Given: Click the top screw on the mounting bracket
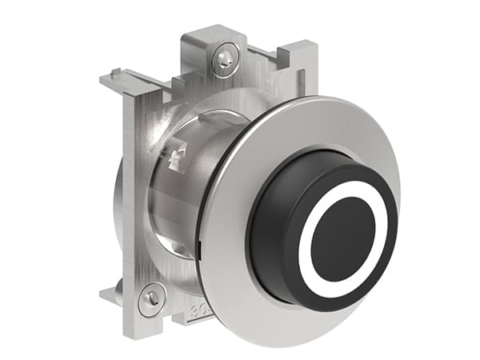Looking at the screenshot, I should [x=225, y=58].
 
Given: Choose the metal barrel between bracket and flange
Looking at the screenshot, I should [x=180, y=200].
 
